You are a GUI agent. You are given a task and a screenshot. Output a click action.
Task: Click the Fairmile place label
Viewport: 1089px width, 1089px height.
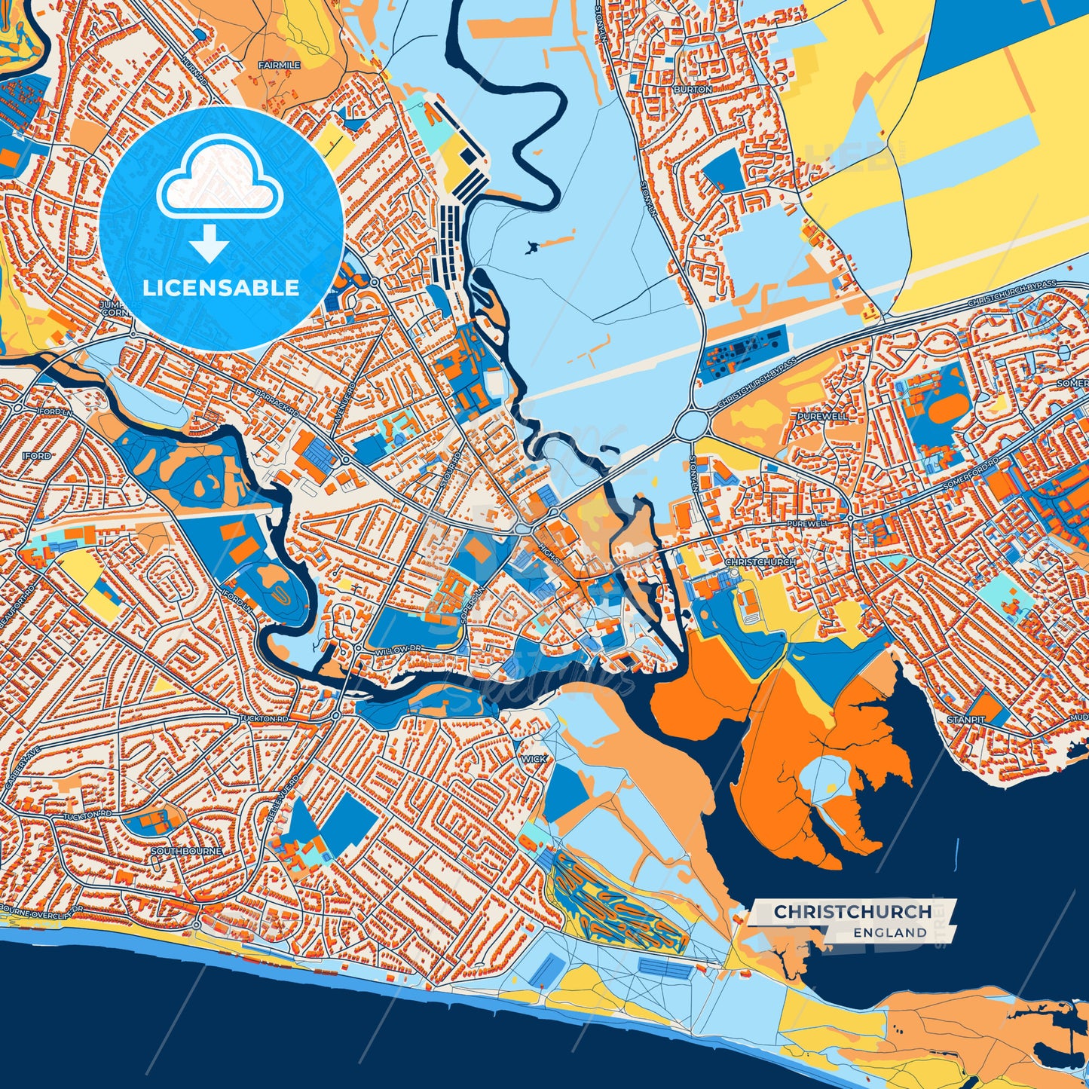coord(279,66)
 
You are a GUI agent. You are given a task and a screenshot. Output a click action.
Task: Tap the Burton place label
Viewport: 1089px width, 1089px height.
coord(693,89)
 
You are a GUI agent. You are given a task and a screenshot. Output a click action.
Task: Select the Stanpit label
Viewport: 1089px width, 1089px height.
coord(966,720)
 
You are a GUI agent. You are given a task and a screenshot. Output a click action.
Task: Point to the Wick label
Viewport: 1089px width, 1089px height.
coord(534,759)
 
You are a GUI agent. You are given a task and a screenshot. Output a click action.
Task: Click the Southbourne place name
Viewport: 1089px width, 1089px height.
coord(187,851)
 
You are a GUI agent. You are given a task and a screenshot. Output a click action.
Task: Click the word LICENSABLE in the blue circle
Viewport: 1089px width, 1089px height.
coord(222,288)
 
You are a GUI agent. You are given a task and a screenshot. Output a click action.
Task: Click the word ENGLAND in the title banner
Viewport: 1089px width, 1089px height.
coord(890,932)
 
